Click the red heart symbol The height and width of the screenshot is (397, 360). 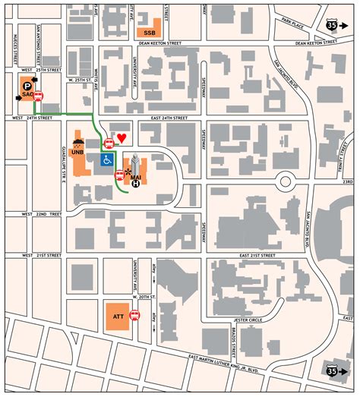(x=122, y=140)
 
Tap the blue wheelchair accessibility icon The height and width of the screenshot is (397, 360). (x=107, y=159)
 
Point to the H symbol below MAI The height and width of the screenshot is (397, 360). (x=136, y=183)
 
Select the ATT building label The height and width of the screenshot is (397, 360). (x=118, y=314)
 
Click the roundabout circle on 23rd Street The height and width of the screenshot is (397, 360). (x=286, y=181)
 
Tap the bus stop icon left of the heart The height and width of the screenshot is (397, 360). (x=109, y=142)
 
